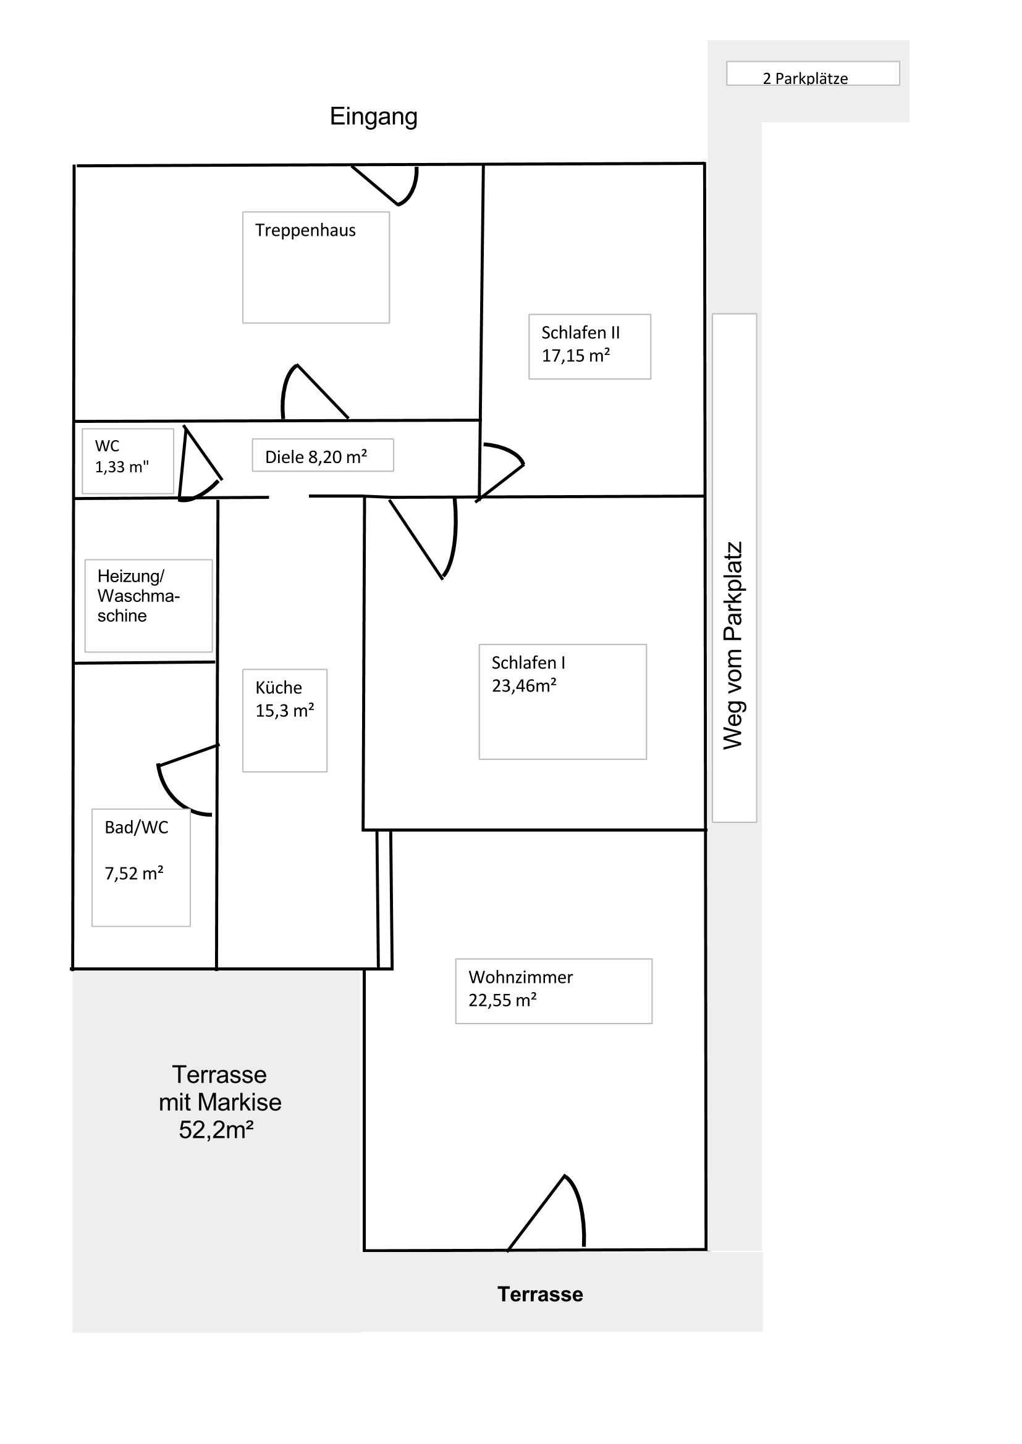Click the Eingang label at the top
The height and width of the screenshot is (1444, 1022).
(373, 117)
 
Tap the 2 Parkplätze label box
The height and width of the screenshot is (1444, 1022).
(813, 73)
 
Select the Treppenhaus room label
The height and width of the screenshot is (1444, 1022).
(305, 230)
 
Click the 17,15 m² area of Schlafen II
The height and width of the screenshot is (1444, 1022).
(576, 356)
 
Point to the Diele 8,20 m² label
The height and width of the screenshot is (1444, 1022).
(316, 457)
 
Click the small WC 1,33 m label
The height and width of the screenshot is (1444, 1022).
(122, 457)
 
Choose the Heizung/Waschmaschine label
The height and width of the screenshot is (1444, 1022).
(138, 596)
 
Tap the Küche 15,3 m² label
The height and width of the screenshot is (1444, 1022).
(284, 699)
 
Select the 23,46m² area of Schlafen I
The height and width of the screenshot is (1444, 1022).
(523, 685)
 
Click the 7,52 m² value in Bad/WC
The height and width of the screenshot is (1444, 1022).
(134, 874)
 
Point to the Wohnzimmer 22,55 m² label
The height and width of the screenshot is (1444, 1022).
(520, 988)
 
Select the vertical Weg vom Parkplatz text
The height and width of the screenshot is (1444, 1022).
(733, 645)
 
